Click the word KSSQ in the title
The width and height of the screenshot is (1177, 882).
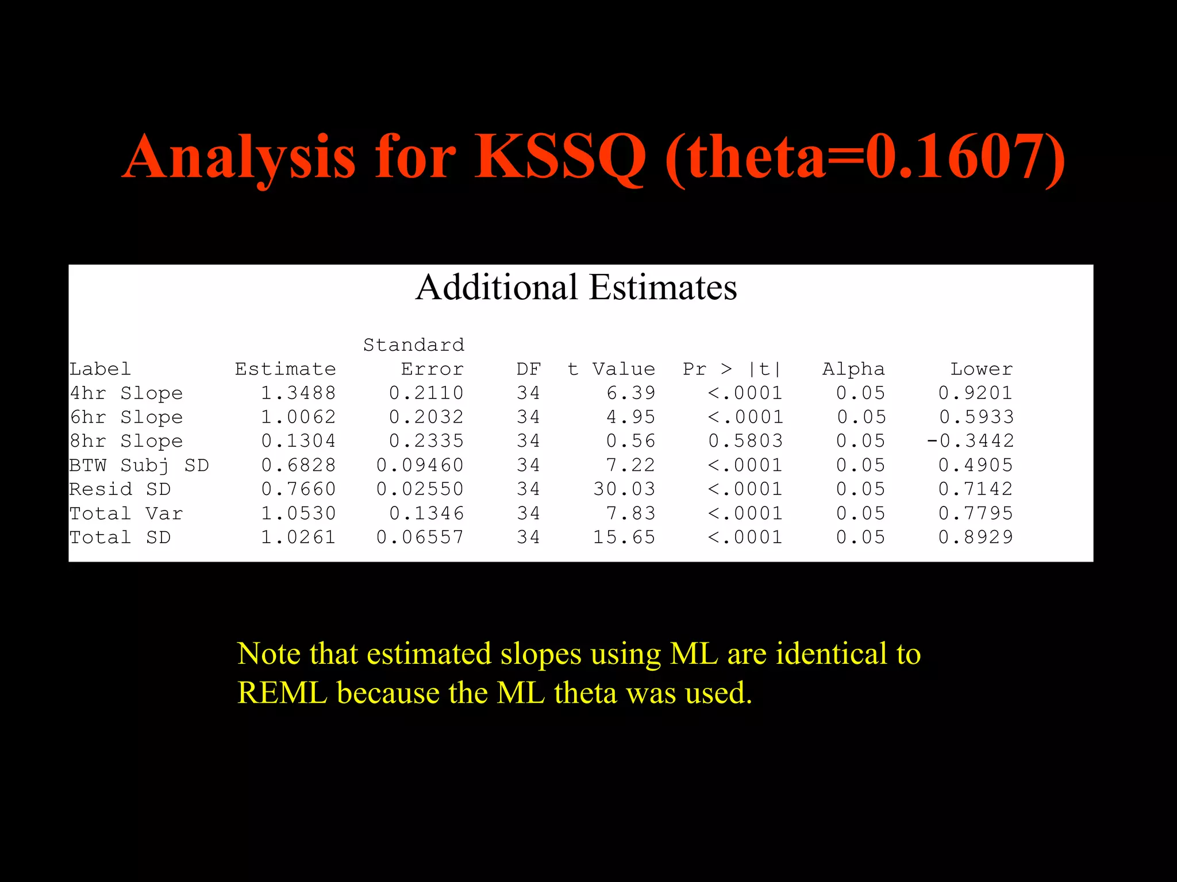pyautogui.click(x=560, y=157)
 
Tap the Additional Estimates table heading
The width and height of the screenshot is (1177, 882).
pyautogui.click(x=576, y=287)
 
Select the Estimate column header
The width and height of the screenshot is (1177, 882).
pyautogui.click(x=285, y=369)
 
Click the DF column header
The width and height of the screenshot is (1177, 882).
pyautogui.click(x=528, y=369)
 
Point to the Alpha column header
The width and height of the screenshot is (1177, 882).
pyautogui.click(x=853, y=369)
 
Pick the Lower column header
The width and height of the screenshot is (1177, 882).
pyautogui.click(x=981, y=369)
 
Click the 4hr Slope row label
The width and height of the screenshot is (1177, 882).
pyautogui.click(x=126, y=393)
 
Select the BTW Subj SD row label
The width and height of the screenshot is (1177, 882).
pyautogui.click(x=139, y=466)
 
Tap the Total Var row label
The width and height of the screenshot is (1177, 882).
pyautogui.click(x=126, y=513)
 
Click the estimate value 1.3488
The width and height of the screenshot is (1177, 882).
pyautogui.click(x=298, y=393)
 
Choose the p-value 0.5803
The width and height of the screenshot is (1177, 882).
pyautogui.click(x=745, y=441)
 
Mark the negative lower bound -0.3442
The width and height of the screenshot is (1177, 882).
pyautogui.click(x=970, y=441)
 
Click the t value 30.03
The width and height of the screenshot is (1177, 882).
pyautogui.click(x=624, y=489)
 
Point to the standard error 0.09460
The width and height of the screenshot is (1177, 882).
pyautogui.click(x=420, y=466)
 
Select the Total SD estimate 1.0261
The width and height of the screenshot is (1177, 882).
pyautogui.click(x=298, y=537)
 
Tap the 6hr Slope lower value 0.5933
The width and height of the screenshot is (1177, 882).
pyautogui.click(x=976, y=417)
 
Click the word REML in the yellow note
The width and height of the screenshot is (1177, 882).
pyautogui.click(x=282, y=693)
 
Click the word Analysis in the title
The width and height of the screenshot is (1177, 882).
pyautogui.click(x=239, y=157)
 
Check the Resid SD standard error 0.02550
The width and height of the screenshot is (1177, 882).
pyautogui.click(x=420, y=489)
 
